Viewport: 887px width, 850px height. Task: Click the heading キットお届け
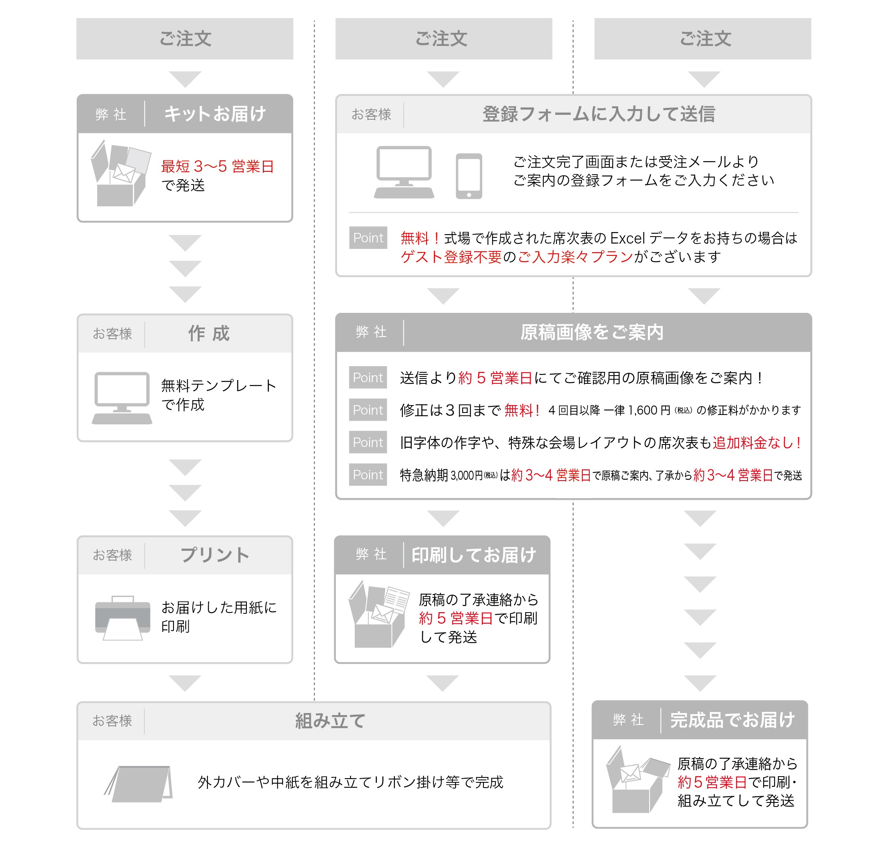pyautogui.click(x=214, y=114)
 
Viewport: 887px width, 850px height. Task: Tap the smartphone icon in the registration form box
pyautogui.click(x=469, y=176)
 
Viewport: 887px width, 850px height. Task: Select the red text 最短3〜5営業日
pyautogui.click(x=217, y=166)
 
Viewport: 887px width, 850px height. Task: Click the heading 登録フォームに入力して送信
pyautogui.click(x=598, y=114)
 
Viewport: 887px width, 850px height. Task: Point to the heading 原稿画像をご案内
pyautogui.click(x=591, y=332)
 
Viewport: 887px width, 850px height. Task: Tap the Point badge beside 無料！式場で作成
pyautogui.click(x=368, y=238)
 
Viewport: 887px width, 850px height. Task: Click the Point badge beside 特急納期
pyautogui.click(x=367, y=475)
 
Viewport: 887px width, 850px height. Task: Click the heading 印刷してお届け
pyautogui.click(x=473, y=555)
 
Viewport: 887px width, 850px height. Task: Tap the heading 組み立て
pyautogui.click(x=330, y=720)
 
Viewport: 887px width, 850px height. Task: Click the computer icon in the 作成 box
pyautogui.click(x=122, y=398)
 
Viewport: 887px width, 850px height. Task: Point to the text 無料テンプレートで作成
pyautogui.click(x=218, y=395)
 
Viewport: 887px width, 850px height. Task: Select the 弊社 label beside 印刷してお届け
pyautogui.click(x=371, y=554)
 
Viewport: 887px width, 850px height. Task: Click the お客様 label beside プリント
pyautogui.click(x=112, y=555)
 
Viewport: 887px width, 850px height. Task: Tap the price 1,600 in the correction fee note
pyautogui.click(x=642, y=410)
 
